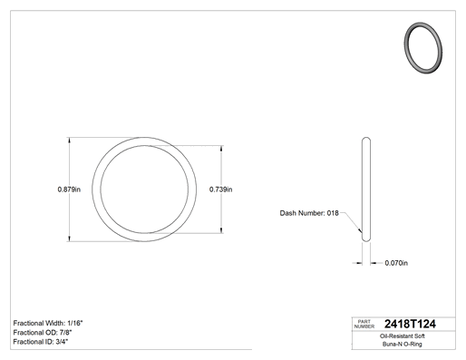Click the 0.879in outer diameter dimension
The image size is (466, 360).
(69, 190)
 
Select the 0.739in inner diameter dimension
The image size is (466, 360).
(221, 190)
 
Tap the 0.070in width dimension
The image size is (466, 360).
(396, 263)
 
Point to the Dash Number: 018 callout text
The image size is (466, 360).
(309, 213)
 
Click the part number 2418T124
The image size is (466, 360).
(410, 324)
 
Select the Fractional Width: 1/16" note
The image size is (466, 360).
(48, 323)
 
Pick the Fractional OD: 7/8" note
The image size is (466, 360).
(43, 333)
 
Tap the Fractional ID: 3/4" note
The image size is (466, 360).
(41, 342)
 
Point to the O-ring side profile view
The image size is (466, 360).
(366, 190)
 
